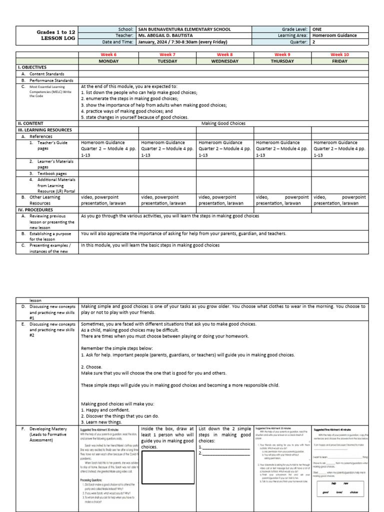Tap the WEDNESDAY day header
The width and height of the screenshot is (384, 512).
(x=224, y=60)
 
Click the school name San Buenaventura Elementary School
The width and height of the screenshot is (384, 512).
(x=184, y=29)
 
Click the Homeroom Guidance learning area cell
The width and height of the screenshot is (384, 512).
(x=334, y=36)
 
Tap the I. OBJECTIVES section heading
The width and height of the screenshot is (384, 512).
(x=32, y=67)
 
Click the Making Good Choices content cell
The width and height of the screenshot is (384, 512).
(x=223, y=123)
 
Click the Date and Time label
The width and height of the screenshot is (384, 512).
(x=117, y=42)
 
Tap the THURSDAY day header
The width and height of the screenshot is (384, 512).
(x=282, y=60)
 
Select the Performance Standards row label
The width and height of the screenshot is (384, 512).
(x=51, y=80)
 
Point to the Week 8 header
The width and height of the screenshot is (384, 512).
(x=224, y=54)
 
